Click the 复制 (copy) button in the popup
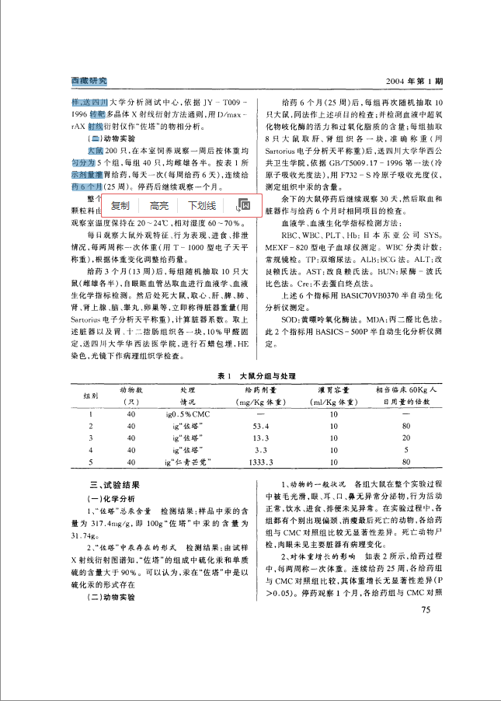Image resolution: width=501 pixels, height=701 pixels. coord(120,205)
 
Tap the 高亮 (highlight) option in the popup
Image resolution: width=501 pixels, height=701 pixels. coord(159,205)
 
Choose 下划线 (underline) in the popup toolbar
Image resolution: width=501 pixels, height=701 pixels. coord(201,205)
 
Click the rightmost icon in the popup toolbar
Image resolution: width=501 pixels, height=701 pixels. coord(242,205)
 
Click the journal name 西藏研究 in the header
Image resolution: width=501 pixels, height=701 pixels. coord(88,81)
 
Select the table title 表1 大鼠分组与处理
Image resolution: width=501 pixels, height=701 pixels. coord(251,375)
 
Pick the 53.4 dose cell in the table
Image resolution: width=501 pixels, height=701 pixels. coord(260,426)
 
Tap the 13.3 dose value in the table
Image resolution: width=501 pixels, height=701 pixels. coord(260,438)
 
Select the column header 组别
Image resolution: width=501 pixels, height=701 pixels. coord(89,395)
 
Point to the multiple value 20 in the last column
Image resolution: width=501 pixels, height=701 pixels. coord(405,438)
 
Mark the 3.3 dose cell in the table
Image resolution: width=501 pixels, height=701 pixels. coord(260,450)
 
